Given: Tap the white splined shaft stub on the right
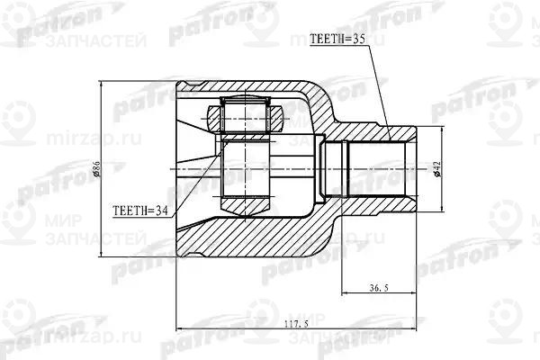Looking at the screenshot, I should (x=377, y=169).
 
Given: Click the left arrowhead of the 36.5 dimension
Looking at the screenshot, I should (x=343, y=294).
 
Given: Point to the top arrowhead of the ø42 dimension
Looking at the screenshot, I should (x=442, y=128).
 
